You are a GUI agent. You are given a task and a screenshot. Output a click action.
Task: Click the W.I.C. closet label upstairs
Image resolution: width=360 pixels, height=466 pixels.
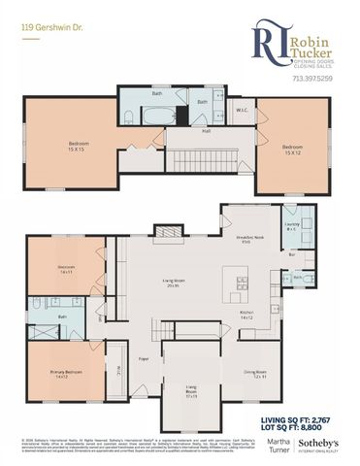click(243, 111)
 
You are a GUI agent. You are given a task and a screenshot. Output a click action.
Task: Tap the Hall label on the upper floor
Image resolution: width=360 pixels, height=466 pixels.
click(207, 131)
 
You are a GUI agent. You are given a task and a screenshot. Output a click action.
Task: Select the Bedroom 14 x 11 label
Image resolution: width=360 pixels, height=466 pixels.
click(67, 269)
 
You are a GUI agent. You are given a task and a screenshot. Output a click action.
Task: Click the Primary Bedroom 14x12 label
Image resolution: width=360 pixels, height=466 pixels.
click(65, 376)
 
